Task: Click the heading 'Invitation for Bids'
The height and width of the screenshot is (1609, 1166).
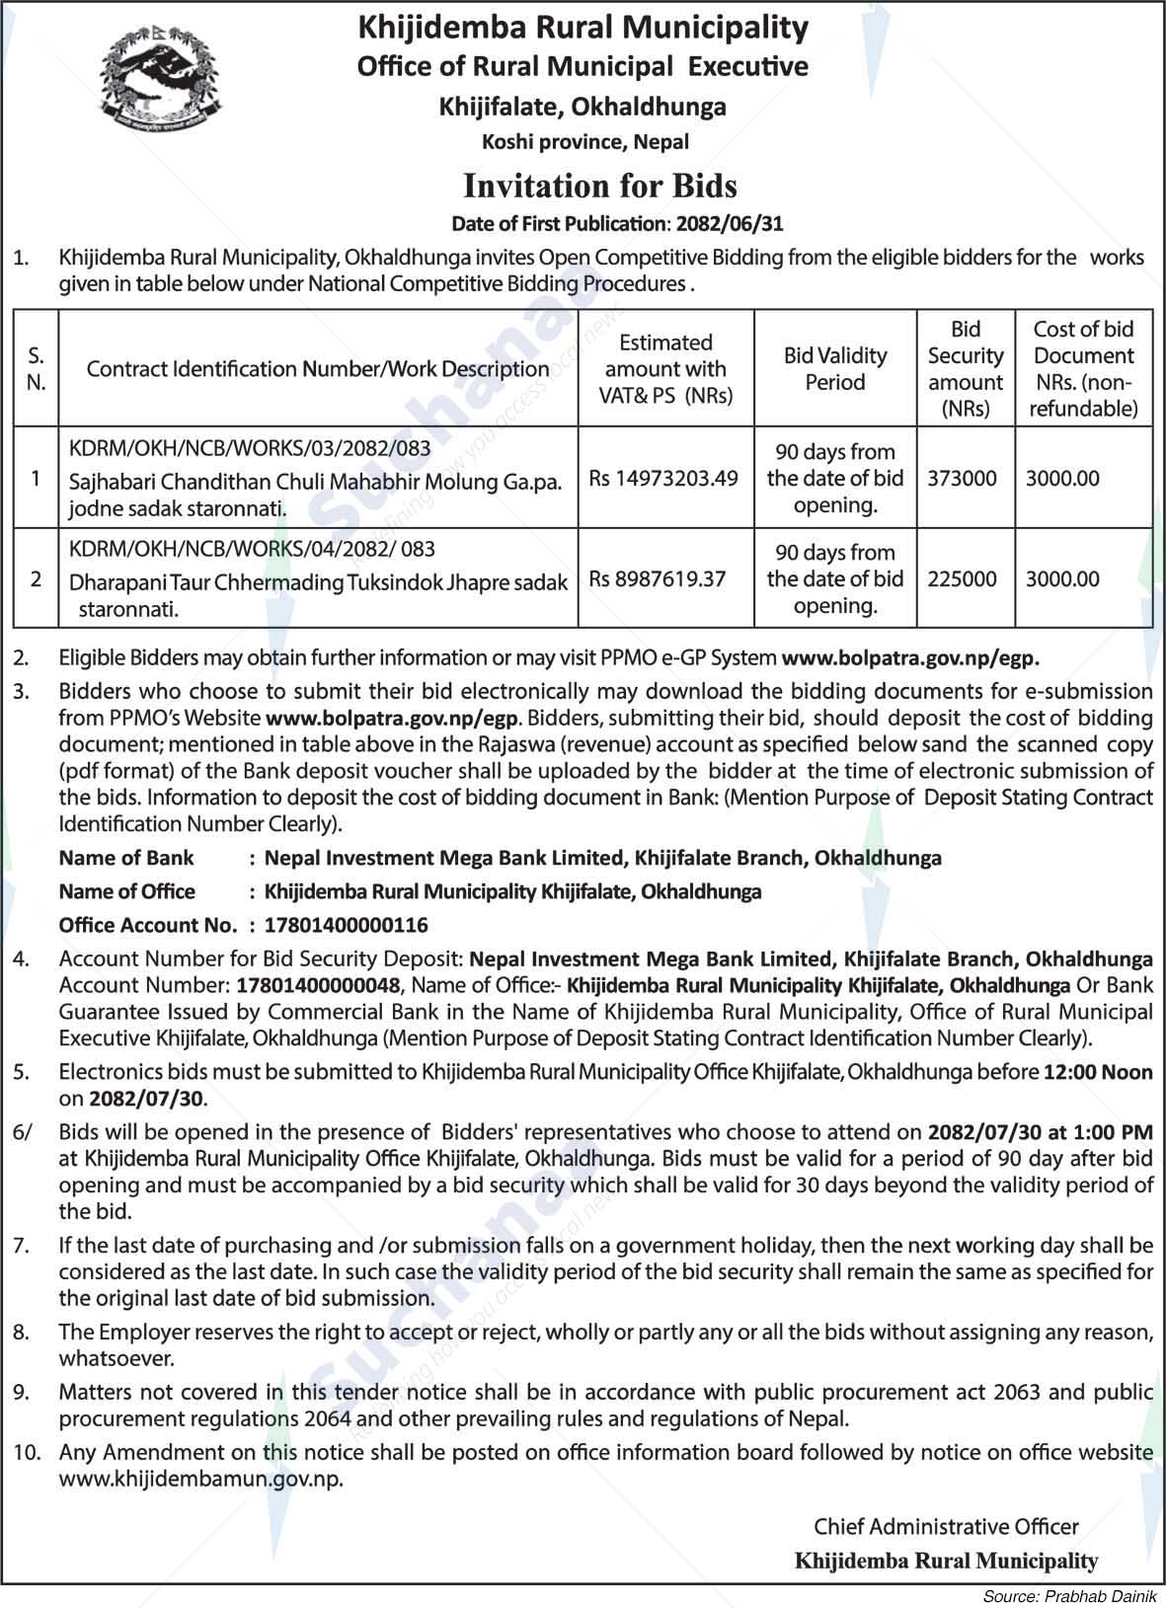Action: [x=600, y=186]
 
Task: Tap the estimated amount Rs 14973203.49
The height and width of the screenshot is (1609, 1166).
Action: [x=663, y=479]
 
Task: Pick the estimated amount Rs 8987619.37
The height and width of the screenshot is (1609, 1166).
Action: [x=658, y=579]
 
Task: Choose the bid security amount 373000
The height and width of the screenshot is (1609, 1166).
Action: [x=962, y=479]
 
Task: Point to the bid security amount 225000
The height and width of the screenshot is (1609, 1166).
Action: [x=962, y=579]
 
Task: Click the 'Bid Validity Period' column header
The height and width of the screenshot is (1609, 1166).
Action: [x=835, y=369]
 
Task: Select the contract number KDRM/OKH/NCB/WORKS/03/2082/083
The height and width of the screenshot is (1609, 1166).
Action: [x=250, y=448]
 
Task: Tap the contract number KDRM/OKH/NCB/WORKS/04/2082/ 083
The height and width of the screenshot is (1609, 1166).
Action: [x=252, y=549]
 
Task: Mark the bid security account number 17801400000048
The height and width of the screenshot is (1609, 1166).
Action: [x=319, y=985]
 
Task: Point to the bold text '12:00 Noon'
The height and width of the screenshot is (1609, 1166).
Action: [x=1098, y=1072]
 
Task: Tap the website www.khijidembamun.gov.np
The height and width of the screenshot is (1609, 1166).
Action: [x=200, y=1479]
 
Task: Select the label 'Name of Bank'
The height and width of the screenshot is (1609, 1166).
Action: [x=126, y=858]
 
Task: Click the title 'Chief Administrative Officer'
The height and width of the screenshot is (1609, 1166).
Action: [x=946, y=1526]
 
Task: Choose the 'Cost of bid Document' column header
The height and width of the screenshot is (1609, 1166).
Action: [x=1083, y=369]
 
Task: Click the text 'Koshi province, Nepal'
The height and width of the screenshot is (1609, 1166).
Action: [x=584, y=141]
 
